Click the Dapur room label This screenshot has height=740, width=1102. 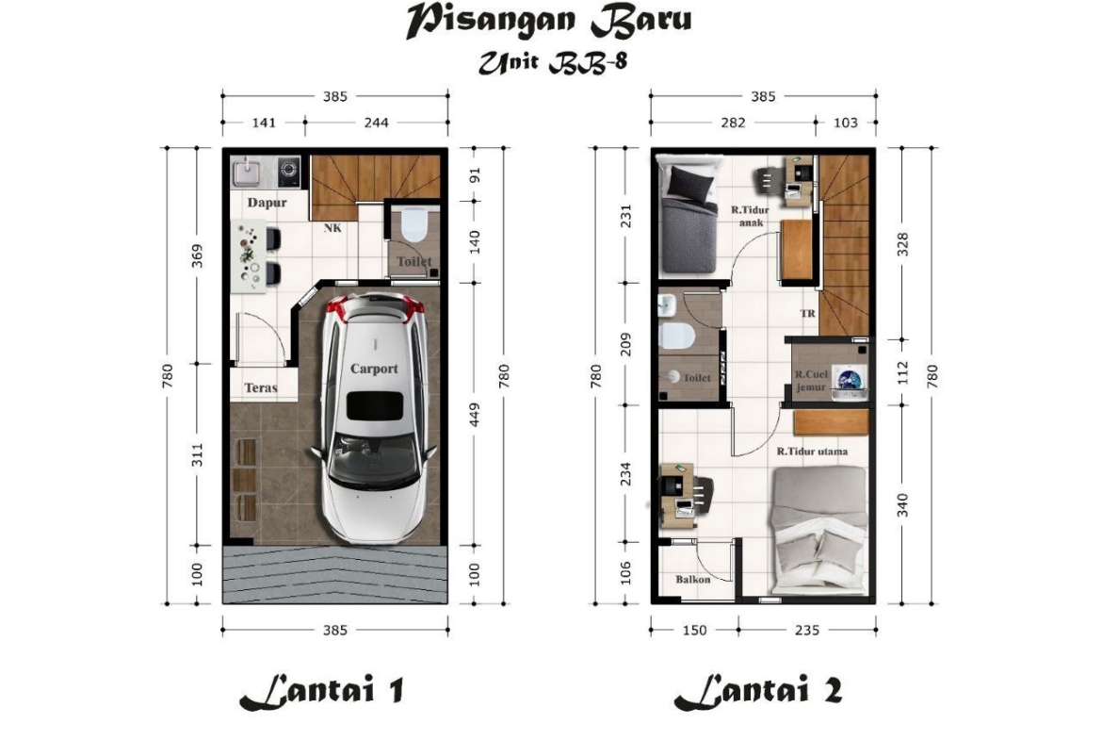[x=267, y=203]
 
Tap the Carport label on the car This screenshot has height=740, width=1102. [x=374, y=369]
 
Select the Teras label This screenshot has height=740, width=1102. [x=261, y=387]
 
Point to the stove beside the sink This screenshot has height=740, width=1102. [x=288, y=170]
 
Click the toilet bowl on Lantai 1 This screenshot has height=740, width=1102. [x=414, y=223]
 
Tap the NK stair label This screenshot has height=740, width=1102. [x=332, y=228]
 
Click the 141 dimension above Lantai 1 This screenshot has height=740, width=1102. [x=264, y=123]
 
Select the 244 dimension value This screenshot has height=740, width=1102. [x=376, y=123]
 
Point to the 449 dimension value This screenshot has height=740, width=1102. [x=475, y=415]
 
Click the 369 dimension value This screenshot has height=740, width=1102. [x=198, y=256]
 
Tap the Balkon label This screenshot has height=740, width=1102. [x=693, y=579]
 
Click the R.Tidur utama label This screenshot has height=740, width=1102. [x=812, y=452]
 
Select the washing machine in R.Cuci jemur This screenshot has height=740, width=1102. [x=850, y=381]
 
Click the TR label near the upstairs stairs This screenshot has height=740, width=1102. [x=807, y=313]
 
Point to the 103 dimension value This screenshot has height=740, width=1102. [x=846, y=123]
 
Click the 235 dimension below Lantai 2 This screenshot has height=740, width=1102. [x=807, y=630]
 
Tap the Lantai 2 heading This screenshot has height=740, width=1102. [x=758, y=692]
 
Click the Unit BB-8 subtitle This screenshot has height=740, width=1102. [x=552, y=62]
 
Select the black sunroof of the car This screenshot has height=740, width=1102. [x=375, y=406]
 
